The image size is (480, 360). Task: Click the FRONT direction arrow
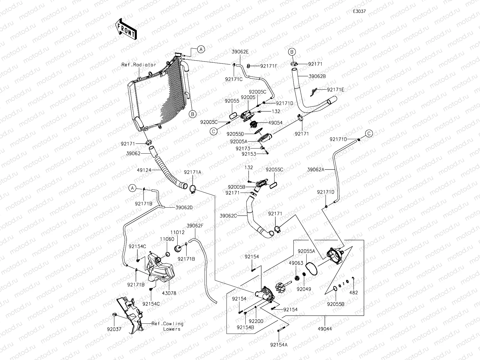coord(125,29)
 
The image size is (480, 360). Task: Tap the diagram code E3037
coord(359,11)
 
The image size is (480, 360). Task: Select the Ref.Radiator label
coord(139,65)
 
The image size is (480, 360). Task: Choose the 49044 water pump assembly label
coord(325,329)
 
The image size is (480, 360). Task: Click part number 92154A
coord(278,345)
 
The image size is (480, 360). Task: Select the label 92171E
coord(335,89)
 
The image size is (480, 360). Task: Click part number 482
coord(354,293)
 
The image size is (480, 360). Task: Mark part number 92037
coord(114,329)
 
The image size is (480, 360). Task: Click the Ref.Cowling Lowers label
coord(167,326)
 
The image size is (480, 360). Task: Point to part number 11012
coord(178,232)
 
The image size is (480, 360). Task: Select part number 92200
coord(256,321)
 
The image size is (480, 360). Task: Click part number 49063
coord(296,263)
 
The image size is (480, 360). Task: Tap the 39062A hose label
coord(316,169)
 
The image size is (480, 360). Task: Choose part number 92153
coord(249,154)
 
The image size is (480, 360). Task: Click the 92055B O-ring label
coord(336,304)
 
